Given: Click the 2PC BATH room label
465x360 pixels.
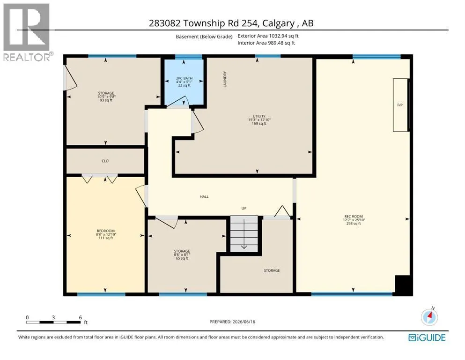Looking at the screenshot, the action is pos(184,78).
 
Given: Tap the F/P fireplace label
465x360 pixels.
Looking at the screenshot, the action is pos(400,105).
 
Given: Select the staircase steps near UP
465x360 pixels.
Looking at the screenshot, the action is pos(244,234).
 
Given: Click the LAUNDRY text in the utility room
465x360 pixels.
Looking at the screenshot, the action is pos(225,79).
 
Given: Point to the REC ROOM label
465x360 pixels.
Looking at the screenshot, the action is pos(354,217).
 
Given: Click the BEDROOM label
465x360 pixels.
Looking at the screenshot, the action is pos(105,231).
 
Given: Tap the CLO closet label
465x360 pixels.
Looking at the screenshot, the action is pos(105,161).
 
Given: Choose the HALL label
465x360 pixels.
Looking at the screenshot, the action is pos(204,196).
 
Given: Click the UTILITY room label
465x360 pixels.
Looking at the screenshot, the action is pos(259,116).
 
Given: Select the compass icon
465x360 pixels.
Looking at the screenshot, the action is pos(429,317).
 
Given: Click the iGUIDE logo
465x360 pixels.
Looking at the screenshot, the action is pos(427,338).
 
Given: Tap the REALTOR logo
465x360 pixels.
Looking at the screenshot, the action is pos(27,32).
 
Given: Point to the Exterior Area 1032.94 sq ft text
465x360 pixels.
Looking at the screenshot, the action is pos(268,36).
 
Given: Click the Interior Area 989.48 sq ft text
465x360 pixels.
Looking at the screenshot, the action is pos(266,43).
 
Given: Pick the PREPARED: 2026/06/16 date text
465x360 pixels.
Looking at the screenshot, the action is pos(232,322).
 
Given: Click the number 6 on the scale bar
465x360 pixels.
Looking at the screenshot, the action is pos(81,317).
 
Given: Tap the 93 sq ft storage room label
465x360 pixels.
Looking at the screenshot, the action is pos(106,100).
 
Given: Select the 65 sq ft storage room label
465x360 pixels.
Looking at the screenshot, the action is pos(182,258).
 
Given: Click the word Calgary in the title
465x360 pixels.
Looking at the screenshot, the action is pos(279,23).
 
